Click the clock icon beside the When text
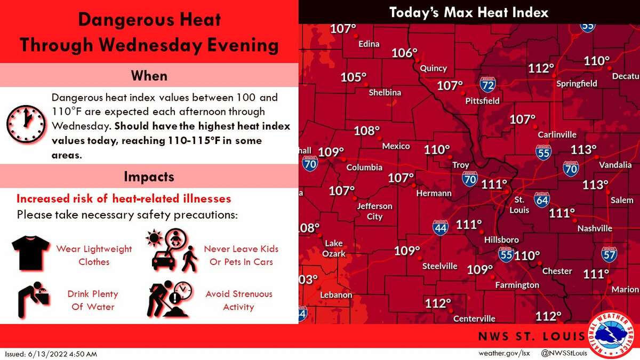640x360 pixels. [x=26, y=124]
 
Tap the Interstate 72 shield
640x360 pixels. [x=487, y=84]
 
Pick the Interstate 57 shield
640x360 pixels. [x=609, y=254]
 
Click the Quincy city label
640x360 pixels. [x=433, y=68]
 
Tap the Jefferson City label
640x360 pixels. [x=374, y=211]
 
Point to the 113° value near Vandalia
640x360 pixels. [x=583, y=149]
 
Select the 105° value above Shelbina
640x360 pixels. [x=354, y=77]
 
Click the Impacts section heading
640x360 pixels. [x=149, y=176]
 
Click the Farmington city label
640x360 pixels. [x=517, y=285]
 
